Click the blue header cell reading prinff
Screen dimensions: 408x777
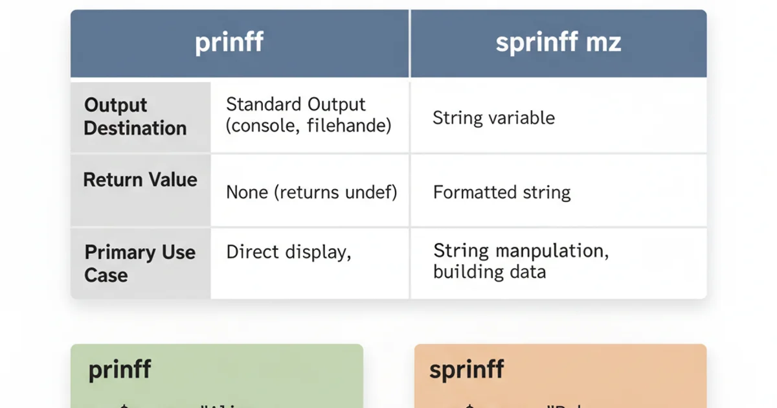click(229, 43)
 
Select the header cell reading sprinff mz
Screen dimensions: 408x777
click(558, 43)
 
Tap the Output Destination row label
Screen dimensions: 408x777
click(135, 117)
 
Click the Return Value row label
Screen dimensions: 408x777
click(140, 179)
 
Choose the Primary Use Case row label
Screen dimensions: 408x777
click(140, 264)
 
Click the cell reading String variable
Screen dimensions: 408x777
click(493, 118)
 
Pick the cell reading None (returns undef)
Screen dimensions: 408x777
click(311, 192)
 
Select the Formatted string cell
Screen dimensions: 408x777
click(502, 192)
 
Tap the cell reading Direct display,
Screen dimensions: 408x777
click(288, 252)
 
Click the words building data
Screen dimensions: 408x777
click(490, 271)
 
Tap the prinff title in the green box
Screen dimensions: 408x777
click(120, 370)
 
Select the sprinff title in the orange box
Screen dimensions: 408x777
click(467, 370)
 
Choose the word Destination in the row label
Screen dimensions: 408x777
click(135, 128)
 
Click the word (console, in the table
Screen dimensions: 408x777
click(260, 126)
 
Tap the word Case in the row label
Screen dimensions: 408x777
click(106, 275)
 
